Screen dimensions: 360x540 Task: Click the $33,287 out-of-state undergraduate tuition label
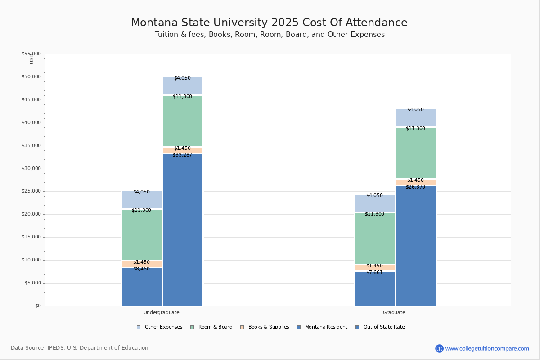pos(182,155)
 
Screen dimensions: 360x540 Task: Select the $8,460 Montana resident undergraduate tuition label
pos(141,269)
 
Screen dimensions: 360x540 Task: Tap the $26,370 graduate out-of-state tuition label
pos(415,187)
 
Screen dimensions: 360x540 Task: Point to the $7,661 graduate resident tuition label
pos(374,273)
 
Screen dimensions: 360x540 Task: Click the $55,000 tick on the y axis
pos(31,54)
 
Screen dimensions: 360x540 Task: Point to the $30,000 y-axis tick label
pos(31,169)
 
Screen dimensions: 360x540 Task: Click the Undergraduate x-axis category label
pos(162,312)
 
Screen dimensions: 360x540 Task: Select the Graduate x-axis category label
pos(394,312)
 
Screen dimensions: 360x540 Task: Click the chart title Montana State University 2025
pos(269,23)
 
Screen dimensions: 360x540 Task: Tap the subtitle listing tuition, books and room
pos(270,35)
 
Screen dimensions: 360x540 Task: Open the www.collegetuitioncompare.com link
pos(487,348)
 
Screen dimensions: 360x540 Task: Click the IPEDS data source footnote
pos(80,348)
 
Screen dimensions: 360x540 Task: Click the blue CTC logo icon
pos(439,348)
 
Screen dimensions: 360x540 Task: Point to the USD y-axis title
pos(31,58)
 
